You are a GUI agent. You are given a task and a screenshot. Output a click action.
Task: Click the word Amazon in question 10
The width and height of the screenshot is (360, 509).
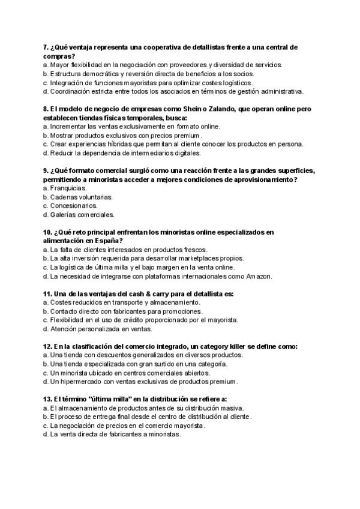point(258,276)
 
